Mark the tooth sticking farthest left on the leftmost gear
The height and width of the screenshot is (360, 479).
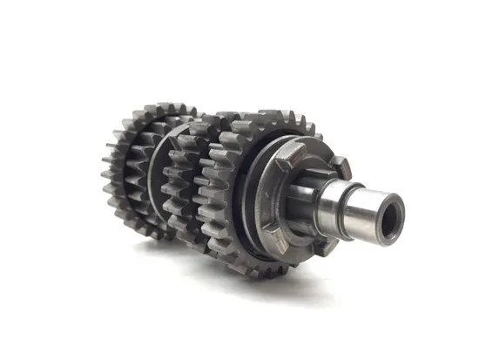pyautogui.click(x=104, y=174)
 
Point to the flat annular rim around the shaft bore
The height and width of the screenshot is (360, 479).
pyautogui.click(x=384, y=200)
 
